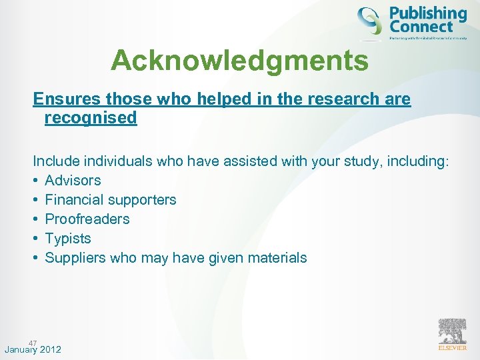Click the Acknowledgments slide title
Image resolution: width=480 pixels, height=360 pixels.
point(239,61)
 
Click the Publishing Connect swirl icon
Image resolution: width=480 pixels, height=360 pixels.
point(370,21)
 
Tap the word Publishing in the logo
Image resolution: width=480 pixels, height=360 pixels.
point(427,13)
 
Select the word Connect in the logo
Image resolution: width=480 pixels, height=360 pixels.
point(421,27)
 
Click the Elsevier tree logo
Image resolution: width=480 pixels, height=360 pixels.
point(453,331)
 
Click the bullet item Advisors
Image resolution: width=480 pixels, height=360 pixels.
point(73,180)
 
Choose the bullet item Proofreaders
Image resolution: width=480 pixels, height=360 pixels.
point(87,219)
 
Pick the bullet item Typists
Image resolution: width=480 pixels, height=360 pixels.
point(67,238)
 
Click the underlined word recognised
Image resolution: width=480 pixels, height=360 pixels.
point(90,118)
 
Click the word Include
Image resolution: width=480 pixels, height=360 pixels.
point(55,161)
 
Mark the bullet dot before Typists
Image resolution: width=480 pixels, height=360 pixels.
point(37,238)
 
